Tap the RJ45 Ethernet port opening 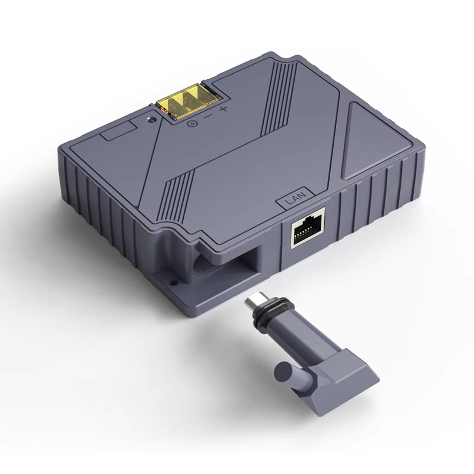pyautogui.click(x=307, y=229)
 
